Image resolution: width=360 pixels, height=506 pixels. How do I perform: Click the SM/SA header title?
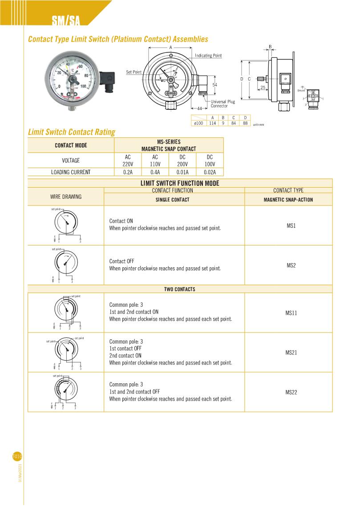click(65, 20)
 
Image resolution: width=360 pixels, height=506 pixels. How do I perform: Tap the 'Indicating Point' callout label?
click(208, 56)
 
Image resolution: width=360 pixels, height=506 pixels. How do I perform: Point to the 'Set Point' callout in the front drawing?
click(133, 72)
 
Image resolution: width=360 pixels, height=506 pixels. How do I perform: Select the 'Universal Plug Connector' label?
click(222, 104)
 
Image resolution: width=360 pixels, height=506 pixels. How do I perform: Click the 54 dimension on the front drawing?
click(214, 84)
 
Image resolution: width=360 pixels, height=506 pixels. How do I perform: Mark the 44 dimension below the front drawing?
click(200, 108)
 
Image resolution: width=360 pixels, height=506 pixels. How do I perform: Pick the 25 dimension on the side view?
click(263, 87)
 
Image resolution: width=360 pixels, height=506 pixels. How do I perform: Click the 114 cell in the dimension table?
click(212, 123)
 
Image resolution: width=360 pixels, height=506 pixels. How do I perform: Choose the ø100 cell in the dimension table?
click(198, 123)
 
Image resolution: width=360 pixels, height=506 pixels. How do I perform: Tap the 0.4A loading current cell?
click(155, 172)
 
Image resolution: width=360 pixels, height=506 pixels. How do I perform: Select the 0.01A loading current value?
click(182, 172)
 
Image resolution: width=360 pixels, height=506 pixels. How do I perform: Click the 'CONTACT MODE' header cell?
click(71, 145)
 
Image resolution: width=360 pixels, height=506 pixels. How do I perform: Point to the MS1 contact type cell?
click(291, 225)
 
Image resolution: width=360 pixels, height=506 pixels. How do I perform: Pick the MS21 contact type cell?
click(291, 353)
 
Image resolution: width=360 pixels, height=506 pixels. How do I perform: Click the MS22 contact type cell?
click(291, 392)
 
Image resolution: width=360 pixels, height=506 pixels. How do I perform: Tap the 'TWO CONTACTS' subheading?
click(180, 289)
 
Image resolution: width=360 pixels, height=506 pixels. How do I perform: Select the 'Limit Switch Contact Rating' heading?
click(72, 132)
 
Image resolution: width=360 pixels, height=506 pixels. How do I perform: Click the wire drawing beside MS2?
click(66, 265)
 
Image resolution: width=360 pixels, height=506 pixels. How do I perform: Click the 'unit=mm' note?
click(258, 125)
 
